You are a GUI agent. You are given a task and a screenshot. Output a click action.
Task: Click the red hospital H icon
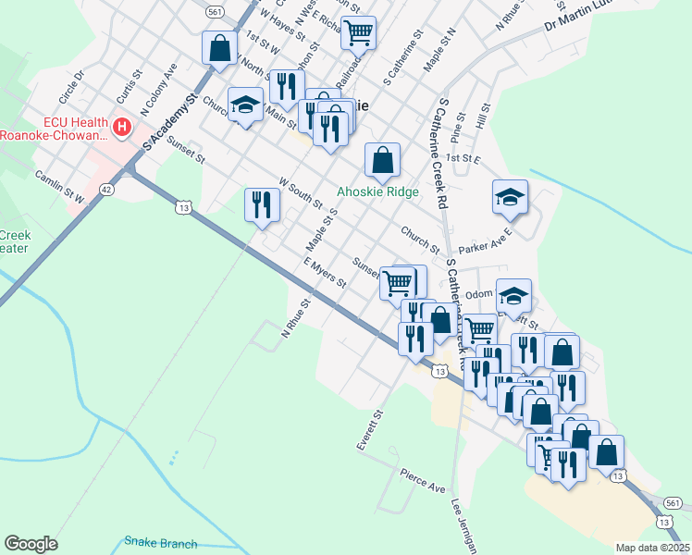120,124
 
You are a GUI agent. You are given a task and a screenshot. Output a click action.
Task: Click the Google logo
31,544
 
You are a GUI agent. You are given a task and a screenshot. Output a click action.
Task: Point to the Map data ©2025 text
652,548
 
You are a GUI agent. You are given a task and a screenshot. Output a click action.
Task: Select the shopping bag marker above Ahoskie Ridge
382,160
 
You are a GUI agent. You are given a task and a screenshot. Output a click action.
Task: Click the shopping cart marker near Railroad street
358,32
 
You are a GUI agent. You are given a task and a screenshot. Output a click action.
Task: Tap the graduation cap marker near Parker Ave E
510,196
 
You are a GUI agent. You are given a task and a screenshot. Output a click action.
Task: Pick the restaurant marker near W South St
262,204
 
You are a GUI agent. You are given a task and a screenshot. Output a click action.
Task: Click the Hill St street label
481,117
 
